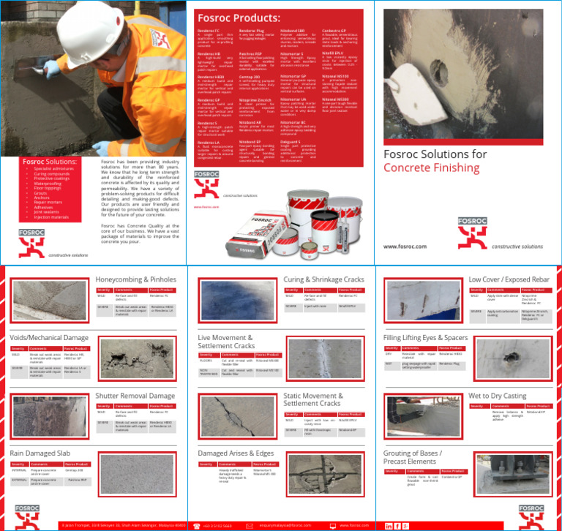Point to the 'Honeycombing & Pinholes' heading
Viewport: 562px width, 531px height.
(x=136, y=279)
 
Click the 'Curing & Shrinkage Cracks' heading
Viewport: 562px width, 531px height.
(x=323, y=279)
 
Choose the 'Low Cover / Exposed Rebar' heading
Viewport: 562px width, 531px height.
(x=509, y=279)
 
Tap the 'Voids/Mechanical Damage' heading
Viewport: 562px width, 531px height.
(x=49, y=337)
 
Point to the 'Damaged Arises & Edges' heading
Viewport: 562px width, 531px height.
(x=236, y=453)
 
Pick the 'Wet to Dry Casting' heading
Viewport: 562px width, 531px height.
(x=497, y=396)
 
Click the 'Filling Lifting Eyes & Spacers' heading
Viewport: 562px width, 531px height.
(x=425, y=337)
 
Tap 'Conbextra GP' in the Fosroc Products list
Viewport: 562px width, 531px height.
(x=334, y=31)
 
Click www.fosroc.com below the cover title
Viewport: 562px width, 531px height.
(x=405, y=246)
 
